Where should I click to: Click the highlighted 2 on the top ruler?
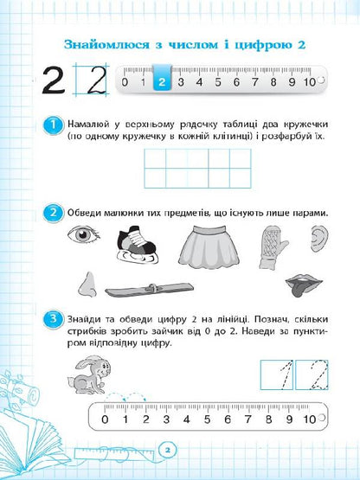coord(161,83)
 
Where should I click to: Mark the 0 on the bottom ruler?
coord(106,420)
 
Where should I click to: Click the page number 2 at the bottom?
coord(170,449)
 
